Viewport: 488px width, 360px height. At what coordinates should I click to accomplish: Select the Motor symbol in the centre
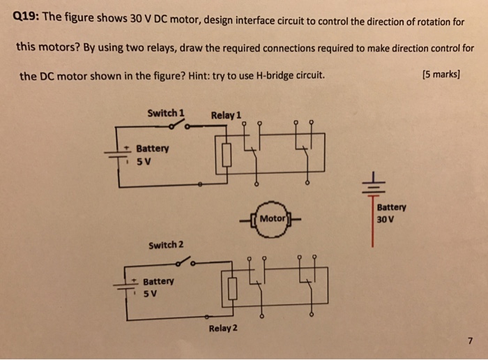[271, 218]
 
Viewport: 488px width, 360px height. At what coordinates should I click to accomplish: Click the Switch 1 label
[165, 112]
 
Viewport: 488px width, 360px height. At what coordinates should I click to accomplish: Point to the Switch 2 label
[166, 244]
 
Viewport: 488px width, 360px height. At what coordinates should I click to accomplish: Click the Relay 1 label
[226, 114]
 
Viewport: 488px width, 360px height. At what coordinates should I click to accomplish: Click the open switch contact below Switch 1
[180, 126]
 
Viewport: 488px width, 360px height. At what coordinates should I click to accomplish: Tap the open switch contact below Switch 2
[185, 264]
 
